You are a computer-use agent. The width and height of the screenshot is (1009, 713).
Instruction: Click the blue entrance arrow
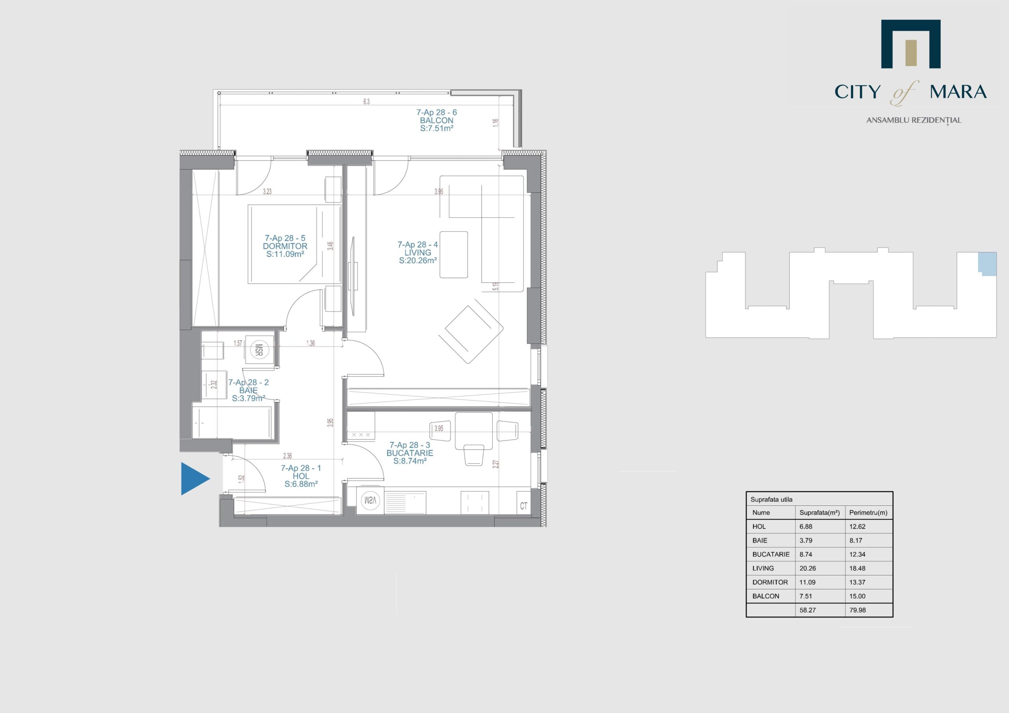point(195,478)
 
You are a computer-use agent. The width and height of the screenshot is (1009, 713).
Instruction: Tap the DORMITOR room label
point(285,246)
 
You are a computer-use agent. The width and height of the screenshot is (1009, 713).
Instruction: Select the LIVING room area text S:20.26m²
point(417,260)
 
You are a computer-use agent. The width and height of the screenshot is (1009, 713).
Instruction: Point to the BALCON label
point(436,121)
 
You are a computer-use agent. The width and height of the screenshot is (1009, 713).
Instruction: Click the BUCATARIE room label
point(410,453)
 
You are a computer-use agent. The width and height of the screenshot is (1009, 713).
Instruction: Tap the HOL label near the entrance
point(301,476)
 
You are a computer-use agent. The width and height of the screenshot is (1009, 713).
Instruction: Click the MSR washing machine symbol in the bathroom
point(259,350)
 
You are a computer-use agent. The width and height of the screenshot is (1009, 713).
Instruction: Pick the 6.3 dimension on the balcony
point(367,102)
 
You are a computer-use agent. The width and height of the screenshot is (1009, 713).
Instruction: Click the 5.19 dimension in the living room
point(496,286)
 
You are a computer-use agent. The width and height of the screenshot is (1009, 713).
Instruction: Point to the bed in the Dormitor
point(294,244)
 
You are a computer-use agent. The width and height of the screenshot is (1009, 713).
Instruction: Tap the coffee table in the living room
point(454,254)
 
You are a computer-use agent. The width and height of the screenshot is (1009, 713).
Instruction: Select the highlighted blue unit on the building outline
point(987,264)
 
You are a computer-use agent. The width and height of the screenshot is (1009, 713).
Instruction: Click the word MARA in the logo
point(958,92)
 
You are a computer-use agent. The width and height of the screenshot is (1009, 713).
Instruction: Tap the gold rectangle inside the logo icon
point(911,53)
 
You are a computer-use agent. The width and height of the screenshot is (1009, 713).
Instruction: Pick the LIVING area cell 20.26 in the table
point(808,568)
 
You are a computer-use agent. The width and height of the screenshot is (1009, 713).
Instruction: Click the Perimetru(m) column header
point(868,512)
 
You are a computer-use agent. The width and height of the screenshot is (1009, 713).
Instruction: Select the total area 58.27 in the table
point(808,610)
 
